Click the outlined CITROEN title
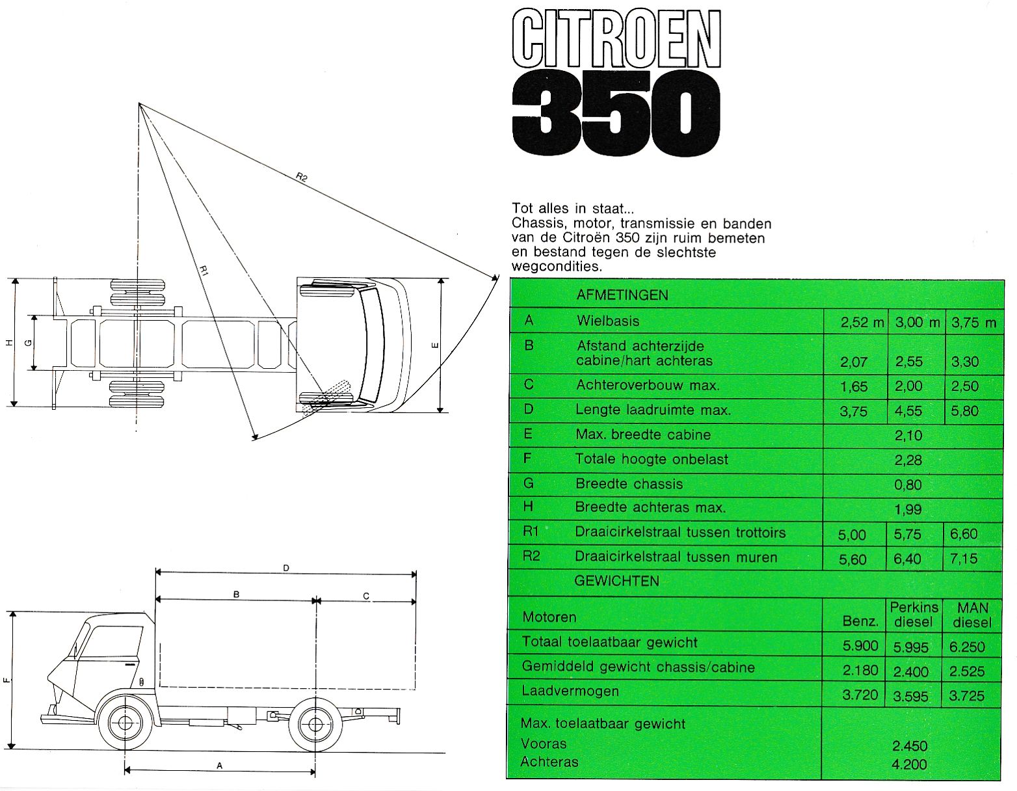point(616,39)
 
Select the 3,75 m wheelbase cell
point(973,323)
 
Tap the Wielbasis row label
point(607,321)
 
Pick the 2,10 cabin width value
point(908,436)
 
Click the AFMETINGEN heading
point(622,295)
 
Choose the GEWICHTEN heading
point(616,581)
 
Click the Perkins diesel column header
point(914,615)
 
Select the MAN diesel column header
point(973,615)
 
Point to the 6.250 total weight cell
point(967,647)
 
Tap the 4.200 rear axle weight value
point(909,764)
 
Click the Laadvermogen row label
point(570,691)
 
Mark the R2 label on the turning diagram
point(302,178)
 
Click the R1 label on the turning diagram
point(204,271)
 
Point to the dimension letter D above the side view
point(286,569)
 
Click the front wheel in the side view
point(125,723)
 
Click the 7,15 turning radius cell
point(963,558)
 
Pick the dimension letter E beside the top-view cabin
point(435,345)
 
